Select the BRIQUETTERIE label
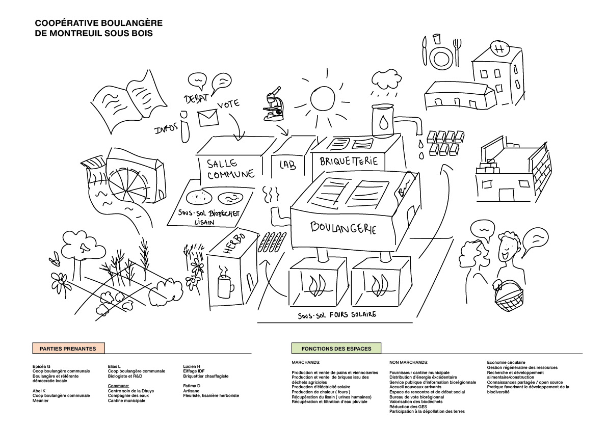coord(349,162)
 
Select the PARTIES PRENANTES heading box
coord(68,348)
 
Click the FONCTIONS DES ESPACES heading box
coord(336,348)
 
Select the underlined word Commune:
coord(118,386)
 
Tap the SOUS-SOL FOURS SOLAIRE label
coord(337,314)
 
